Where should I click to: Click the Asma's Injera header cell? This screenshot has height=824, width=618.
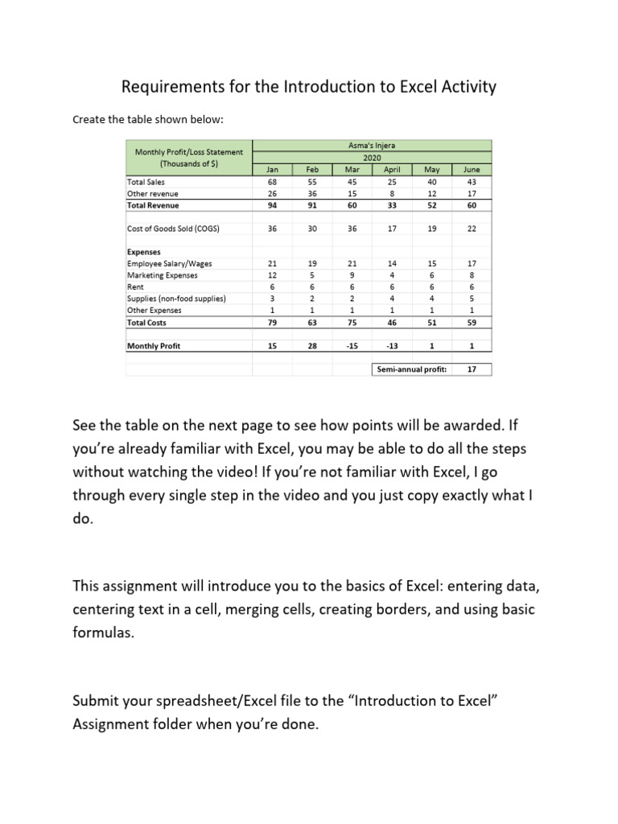373,146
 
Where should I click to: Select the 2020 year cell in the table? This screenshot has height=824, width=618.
373,158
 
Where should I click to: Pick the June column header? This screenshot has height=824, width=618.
471,170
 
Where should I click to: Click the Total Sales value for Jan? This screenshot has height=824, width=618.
272,182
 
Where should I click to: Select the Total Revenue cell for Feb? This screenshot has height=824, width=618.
312,205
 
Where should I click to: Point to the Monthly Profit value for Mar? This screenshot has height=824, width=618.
352,346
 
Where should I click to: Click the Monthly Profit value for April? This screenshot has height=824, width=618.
391,346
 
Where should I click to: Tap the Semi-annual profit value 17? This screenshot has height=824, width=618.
471,369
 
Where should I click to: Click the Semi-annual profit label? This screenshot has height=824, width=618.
411,369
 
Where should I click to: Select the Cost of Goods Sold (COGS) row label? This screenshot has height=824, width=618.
174,229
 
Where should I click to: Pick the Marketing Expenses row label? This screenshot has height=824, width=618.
163,275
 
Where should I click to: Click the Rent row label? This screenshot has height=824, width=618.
135,286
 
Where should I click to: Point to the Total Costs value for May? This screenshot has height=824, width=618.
431,323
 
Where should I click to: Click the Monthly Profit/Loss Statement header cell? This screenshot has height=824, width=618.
189,158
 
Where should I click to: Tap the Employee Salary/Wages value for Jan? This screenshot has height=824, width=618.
272,263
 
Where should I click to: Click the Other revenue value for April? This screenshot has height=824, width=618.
391,193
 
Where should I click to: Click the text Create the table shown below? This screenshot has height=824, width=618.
147,120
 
